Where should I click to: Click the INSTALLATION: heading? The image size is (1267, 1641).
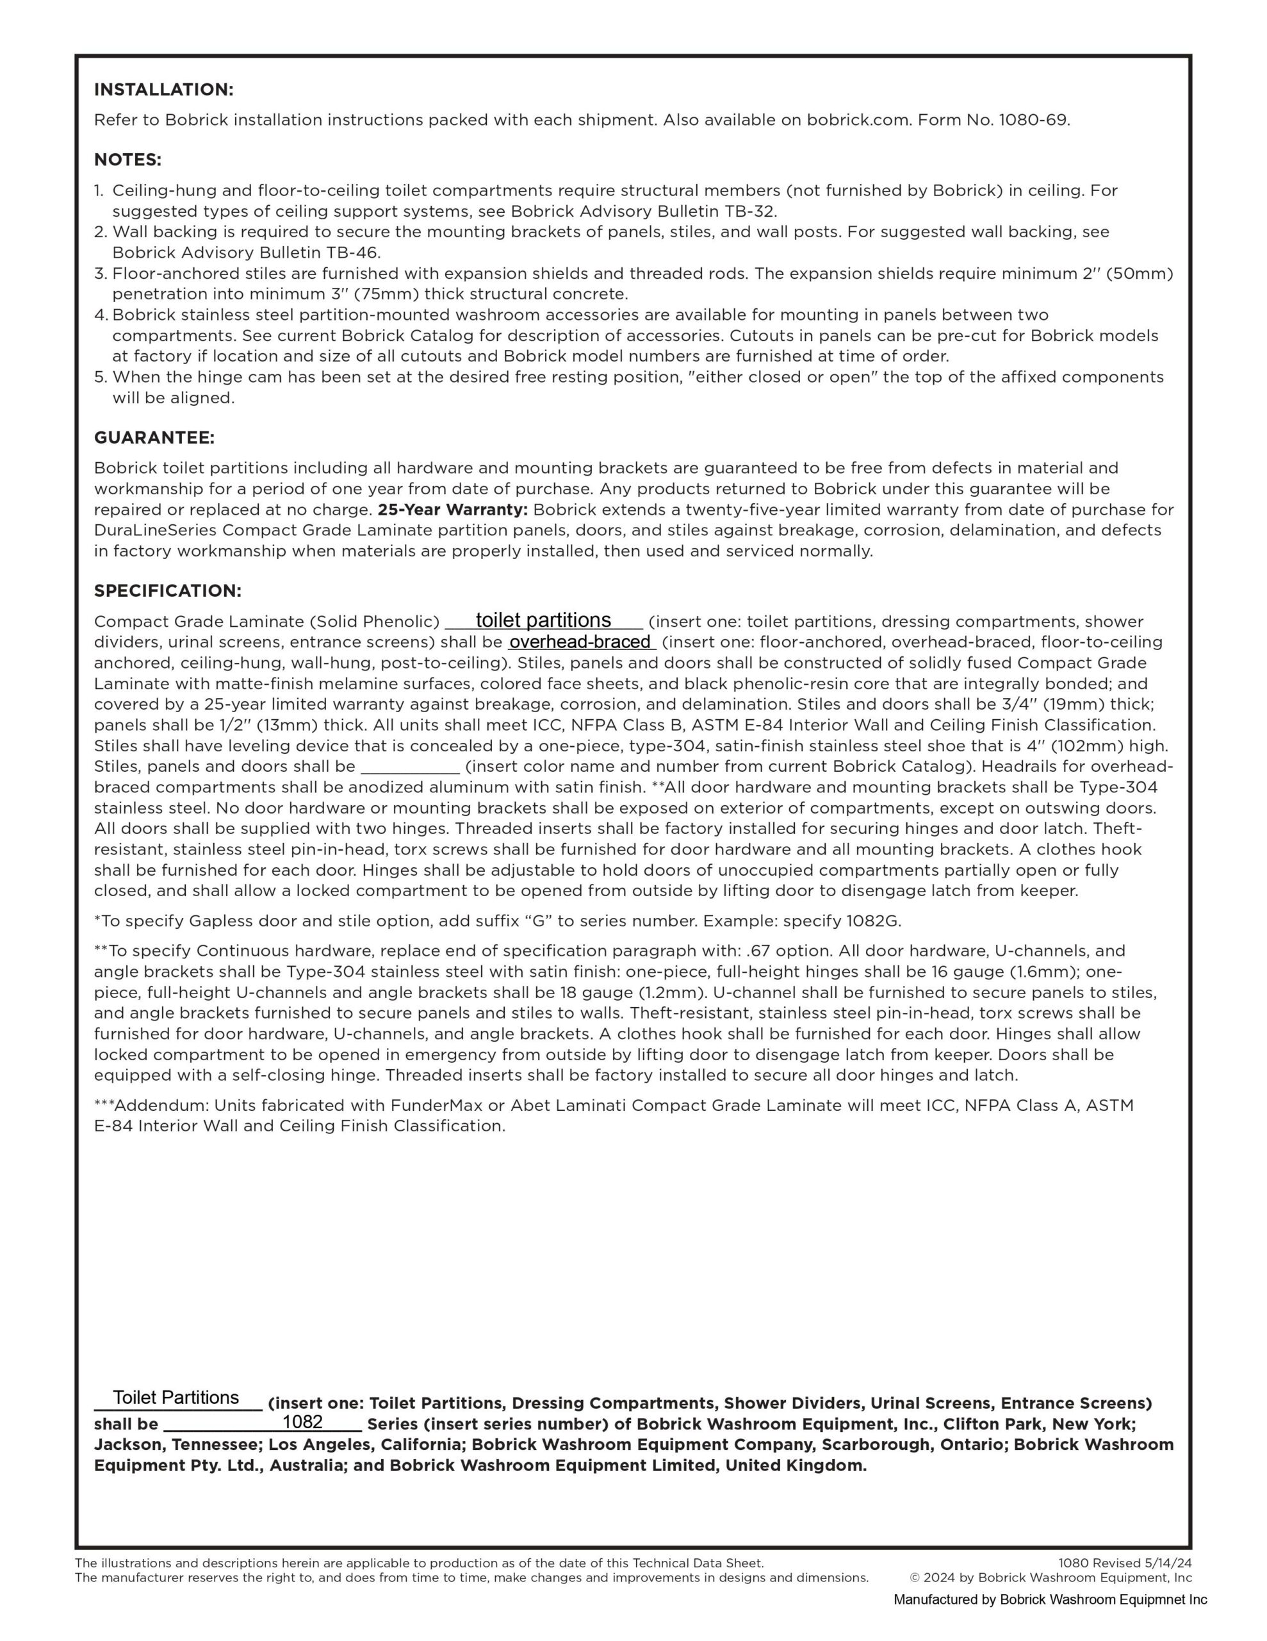point(164,89)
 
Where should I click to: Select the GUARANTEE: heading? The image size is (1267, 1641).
point(154,437)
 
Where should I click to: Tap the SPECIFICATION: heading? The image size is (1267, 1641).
point(167,590)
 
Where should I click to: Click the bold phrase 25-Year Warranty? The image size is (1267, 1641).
point(453,510)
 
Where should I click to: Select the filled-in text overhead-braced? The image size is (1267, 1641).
point(580,642)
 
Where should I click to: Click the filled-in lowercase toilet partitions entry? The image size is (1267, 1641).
point(543,620)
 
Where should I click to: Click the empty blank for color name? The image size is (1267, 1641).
point(410,767)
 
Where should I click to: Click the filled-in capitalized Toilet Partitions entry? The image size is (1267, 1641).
point(176,1397)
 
